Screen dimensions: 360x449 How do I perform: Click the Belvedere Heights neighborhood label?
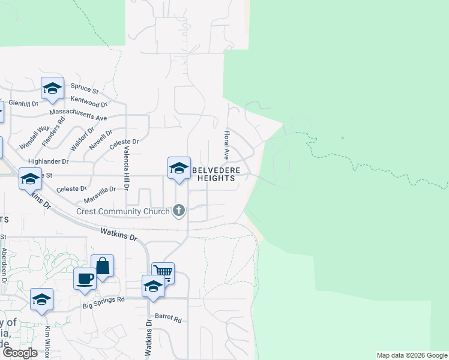pyautogui.click(x=216, y=174)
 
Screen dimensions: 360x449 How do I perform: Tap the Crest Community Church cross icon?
pyautogui.click(x=178, y=211)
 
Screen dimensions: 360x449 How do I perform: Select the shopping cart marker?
pyautogui.click(x=163, y=272)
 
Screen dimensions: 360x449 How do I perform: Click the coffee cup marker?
pyautogui.click(x=85, y=278)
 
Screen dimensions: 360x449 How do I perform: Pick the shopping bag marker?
pyautogui.click(x=103, y=265)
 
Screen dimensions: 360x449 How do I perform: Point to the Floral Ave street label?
pyautogui.click(x=227, y=145)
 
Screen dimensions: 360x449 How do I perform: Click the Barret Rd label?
pyautogui.click(x=168, y=318)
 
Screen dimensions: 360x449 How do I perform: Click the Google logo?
pyautogui.click(x=20, y=352)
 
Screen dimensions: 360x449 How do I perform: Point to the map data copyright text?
pyautogui.click(x=412, y=355)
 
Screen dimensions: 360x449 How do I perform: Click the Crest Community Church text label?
pyautogui.click(x=124, y=211)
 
